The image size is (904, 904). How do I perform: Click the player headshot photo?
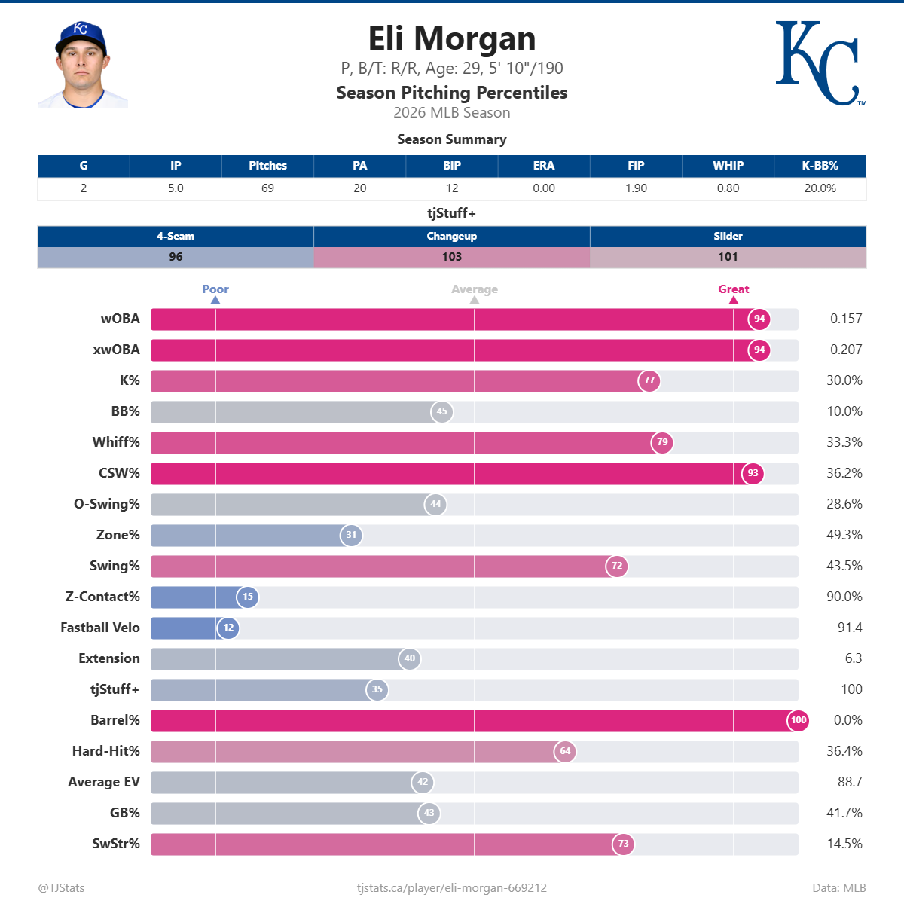(82, 66)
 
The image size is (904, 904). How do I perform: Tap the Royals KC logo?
(819, 63)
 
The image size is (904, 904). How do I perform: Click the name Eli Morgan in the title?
(451, 38)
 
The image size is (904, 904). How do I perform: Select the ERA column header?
(543, 166)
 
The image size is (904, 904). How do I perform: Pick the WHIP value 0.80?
(728, 188)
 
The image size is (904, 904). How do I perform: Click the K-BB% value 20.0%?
(820, 188)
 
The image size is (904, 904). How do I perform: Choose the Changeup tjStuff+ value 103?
(451, 257)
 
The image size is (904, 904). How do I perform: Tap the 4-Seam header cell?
(176, 236)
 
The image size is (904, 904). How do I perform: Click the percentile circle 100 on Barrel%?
(798, 720)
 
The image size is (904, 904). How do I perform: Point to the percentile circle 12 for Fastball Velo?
(228, 628)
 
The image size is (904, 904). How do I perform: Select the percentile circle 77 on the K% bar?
(649, 380)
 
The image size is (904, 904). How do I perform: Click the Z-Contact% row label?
(102, 597)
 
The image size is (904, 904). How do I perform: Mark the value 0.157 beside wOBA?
(845, 319)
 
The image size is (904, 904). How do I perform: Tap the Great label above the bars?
(733, 289)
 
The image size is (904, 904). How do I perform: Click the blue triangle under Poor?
(215, 300)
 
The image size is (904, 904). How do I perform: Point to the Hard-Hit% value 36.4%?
(844, 751)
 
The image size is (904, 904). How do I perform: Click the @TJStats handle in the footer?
(61, 887)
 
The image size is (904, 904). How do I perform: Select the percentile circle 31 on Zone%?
(351, 535)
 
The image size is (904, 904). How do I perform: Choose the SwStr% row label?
(116, 844)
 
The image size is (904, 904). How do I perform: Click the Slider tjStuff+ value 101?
(728, 257)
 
